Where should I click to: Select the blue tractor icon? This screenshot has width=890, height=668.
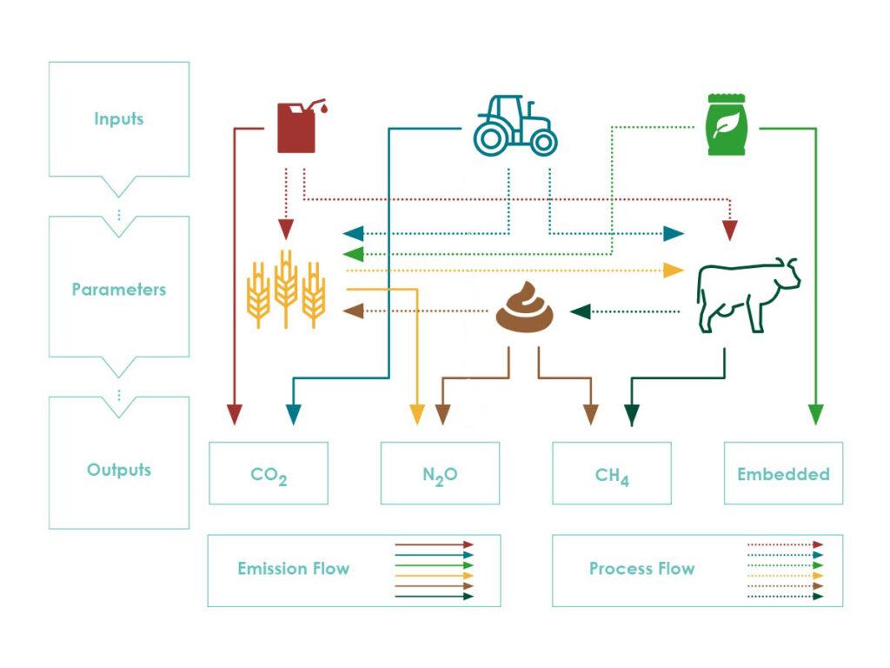[515, 125]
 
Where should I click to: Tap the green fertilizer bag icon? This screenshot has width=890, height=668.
[727, 124]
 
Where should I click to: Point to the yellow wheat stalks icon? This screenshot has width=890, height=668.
[286, 289]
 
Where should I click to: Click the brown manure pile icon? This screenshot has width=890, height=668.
[524, 307]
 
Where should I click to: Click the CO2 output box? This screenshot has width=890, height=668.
[269, 473]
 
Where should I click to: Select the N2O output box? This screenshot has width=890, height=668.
[440, 473]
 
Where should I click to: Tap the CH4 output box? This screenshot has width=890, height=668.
[612, 473]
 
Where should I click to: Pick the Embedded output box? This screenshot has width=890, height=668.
[783, 473]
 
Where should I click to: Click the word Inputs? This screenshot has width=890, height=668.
[118, 118]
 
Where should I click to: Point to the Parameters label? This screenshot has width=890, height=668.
[118, 289]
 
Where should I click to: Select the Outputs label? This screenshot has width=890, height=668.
[118, 470]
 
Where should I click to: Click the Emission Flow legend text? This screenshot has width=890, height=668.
[294, 569]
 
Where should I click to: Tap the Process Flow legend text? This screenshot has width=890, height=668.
[642, 569]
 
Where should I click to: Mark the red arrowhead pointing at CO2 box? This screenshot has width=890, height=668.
[235, 415]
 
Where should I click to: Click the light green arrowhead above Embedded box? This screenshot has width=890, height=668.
[815, 415]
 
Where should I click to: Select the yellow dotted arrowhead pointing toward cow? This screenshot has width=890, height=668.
[674, 270]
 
